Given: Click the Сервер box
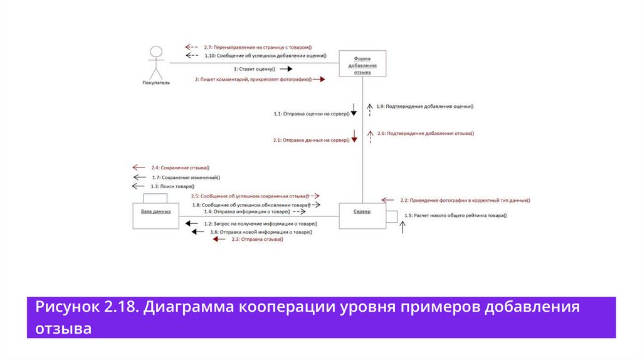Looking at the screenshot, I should click(362, 212).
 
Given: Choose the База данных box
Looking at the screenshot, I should click(156, 212).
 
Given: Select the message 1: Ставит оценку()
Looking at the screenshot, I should click(255, 68).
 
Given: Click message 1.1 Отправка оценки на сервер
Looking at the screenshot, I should click(312, 114).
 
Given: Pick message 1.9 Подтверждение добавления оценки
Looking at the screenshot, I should click(425, 106).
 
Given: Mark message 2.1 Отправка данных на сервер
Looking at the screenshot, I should click(311, 140).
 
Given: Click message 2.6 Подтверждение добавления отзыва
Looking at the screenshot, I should click(426, 133).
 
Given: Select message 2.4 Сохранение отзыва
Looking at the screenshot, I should click(180, 167).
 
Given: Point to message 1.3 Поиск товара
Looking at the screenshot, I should click(172, 186).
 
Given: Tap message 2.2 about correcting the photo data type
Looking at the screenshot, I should click(465, 200).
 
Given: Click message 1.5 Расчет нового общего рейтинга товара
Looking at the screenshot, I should click(456, 216).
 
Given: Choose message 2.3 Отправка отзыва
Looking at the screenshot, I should click(258, 240).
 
